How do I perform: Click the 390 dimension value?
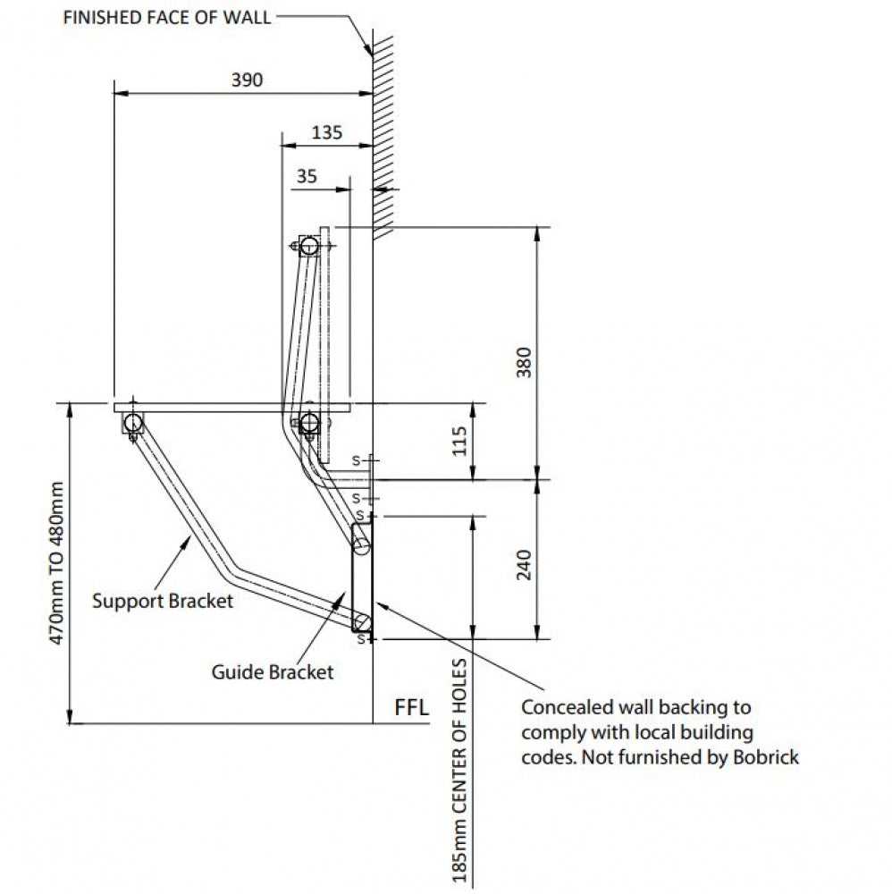[247, 80]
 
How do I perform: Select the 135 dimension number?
[327, 132]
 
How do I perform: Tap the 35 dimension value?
[307, 176]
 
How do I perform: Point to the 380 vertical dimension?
[524, 362]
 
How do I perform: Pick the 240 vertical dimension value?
[524, 564]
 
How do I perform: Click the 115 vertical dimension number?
[459, 442]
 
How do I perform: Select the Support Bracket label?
[163, 601]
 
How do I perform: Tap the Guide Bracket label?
[273, 671]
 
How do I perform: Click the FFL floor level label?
[411, 707]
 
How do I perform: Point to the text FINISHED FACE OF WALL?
[167, 18]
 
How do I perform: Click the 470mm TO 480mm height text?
[56, 563]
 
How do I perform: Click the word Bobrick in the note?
[765, 757]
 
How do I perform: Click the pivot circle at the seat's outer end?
[133, 423]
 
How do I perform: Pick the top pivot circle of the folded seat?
[309, 246]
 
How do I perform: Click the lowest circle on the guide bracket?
[362, 622]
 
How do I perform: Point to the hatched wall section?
[383, 137]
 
